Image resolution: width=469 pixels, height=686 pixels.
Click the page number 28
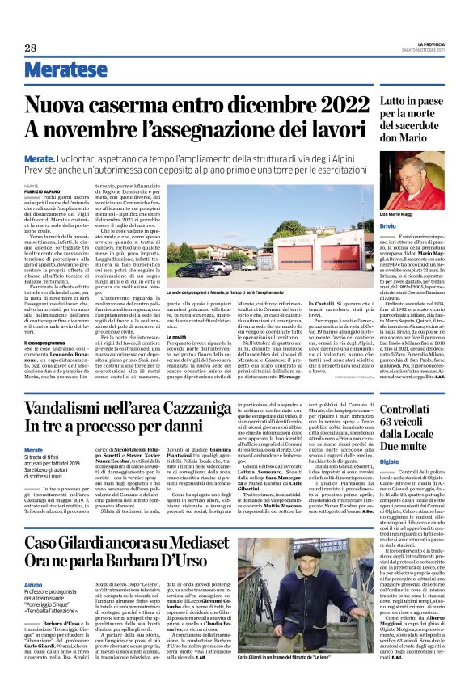[x=31, y=48]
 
